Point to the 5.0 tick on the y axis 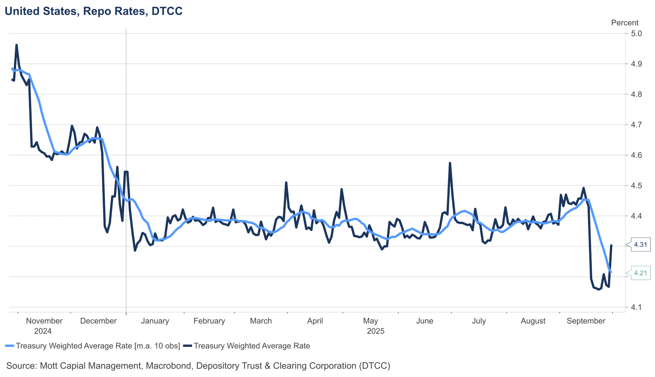pyautogui.click(x=636, y=33)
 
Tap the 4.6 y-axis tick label pyautogui.click(x=636, y=155)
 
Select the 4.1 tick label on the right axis pyautogui.click(x=636, y=307)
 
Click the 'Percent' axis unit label pyautogui.click(x=624, y=23)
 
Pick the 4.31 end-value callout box pyautogui.click(x=640, y=244)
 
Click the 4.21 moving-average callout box pyautogui.click(x=640, y=273)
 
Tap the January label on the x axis pyautogui.click(x=155, y=321)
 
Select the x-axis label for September pyautogui.click(x=586, y=321)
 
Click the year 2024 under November pyautogui.click(x=43, y=331)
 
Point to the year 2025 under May pyautogui.click(x=375, y=331)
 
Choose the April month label pyautogui.click(x=315, y=321)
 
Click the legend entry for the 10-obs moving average pyautogui.click(x=98, y=346)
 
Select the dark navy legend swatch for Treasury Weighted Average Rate pyautogui.click(x=188, y=346)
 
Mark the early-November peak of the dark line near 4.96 pyautogui.click(x=17, y=45)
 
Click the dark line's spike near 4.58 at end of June pyautogui.click(x=450, y=163)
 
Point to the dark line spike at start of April pyautogui.click(x=286, y=182)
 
